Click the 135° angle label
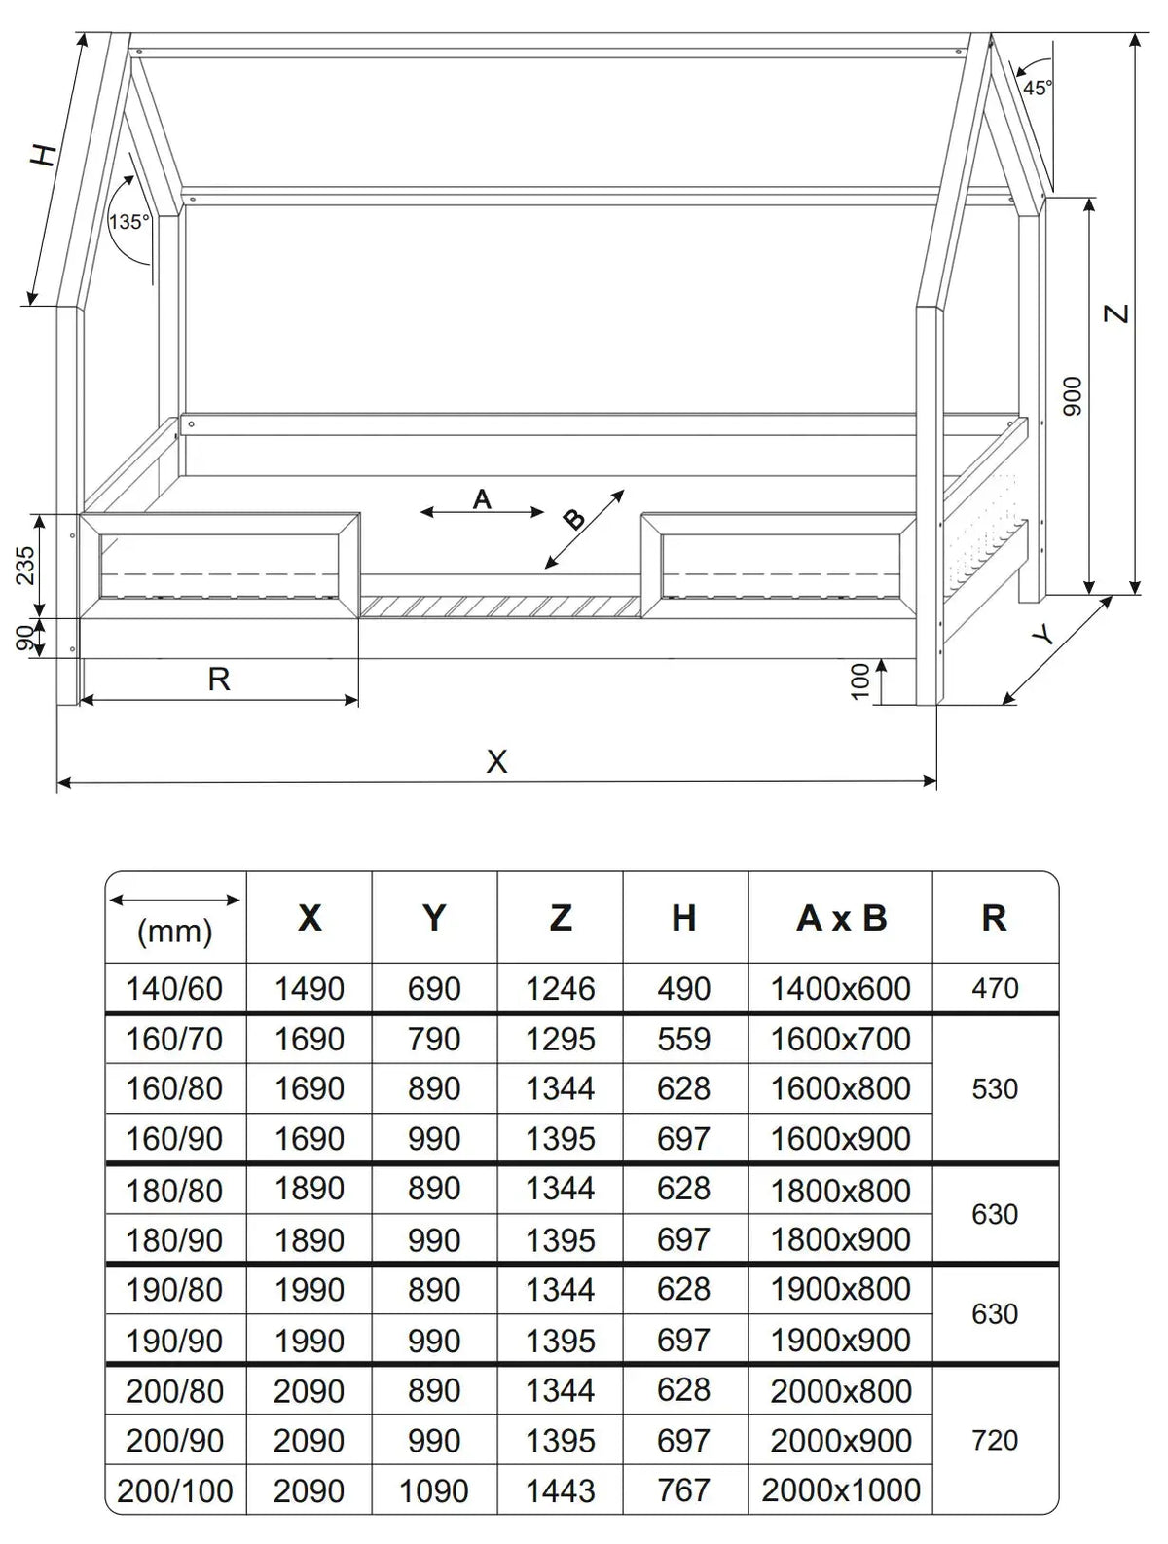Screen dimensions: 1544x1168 click(128, 222)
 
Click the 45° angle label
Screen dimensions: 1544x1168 click(1037, 88)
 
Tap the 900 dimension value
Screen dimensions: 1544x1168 click(1072, 396)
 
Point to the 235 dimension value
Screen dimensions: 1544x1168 click(25, 565)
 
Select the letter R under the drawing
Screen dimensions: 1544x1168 click(219, 679)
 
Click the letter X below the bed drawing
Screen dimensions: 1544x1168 click(496, 761)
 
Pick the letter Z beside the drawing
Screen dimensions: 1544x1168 click(1119, 313)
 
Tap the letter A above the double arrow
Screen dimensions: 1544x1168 click(482, 499)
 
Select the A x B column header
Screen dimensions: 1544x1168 click(841, 918)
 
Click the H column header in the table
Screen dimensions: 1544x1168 click(684, 918)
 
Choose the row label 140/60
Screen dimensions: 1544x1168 click(174, 989)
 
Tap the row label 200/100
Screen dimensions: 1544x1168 click(175, 1490)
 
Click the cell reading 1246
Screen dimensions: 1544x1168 click(560, 989)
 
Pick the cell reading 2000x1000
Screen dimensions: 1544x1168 click(841, 1490)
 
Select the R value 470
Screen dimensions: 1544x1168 click(995, 989)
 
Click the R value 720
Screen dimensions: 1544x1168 click(995, 1440)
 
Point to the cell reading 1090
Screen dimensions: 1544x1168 click(434, 1490)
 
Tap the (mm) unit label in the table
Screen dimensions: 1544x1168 click(175, 933)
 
